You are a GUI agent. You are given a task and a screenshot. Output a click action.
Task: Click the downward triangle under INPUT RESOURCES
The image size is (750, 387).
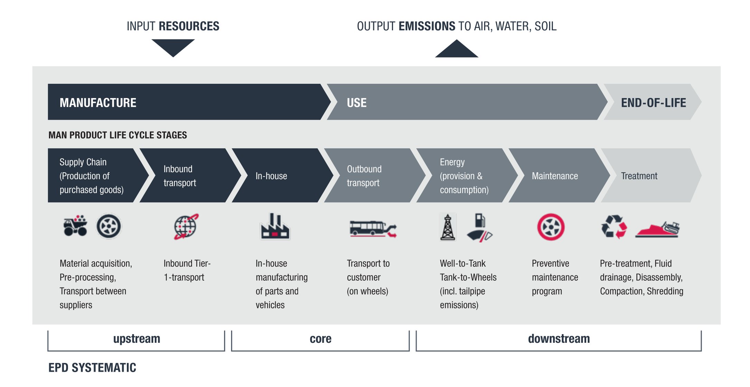click(x=173, y=47)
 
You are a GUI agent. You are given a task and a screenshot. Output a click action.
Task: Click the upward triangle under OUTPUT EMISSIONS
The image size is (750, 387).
click(x=456, y=50)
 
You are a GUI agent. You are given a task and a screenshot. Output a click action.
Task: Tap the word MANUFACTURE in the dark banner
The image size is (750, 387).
click(x=98, y=103)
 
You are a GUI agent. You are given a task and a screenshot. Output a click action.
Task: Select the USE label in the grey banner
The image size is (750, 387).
click(x=356, y=103)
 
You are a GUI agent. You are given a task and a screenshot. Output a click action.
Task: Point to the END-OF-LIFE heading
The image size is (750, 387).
click(x=653, y=103)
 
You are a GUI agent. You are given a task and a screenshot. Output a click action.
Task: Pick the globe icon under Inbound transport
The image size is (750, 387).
click(x=186, y=226)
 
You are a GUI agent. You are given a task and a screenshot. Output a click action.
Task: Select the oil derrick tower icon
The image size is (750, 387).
click(x=448, y=227)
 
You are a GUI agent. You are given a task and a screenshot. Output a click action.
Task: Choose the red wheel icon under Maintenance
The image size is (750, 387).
click(x=551, y=227)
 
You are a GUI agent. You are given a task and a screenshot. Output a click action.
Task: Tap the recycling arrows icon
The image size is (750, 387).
click(x=614, y=227)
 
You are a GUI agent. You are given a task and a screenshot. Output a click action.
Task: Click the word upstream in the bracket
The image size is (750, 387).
click(x=137, y=339)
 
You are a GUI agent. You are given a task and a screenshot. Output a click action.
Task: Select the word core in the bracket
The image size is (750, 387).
click(x=320, y=339)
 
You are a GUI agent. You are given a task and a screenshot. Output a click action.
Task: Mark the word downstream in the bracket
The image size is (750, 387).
click(x=559, y=339)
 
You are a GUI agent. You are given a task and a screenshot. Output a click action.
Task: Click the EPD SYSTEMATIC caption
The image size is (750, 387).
click(x=92, y=368)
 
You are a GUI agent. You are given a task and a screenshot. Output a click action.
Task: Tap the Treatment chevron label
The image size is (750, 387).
click(x=639, y=176)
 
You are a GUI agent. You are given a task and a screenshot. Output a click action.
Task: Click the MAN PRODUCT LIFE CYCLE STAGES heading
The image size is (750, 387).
click(x=118, y=135)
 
